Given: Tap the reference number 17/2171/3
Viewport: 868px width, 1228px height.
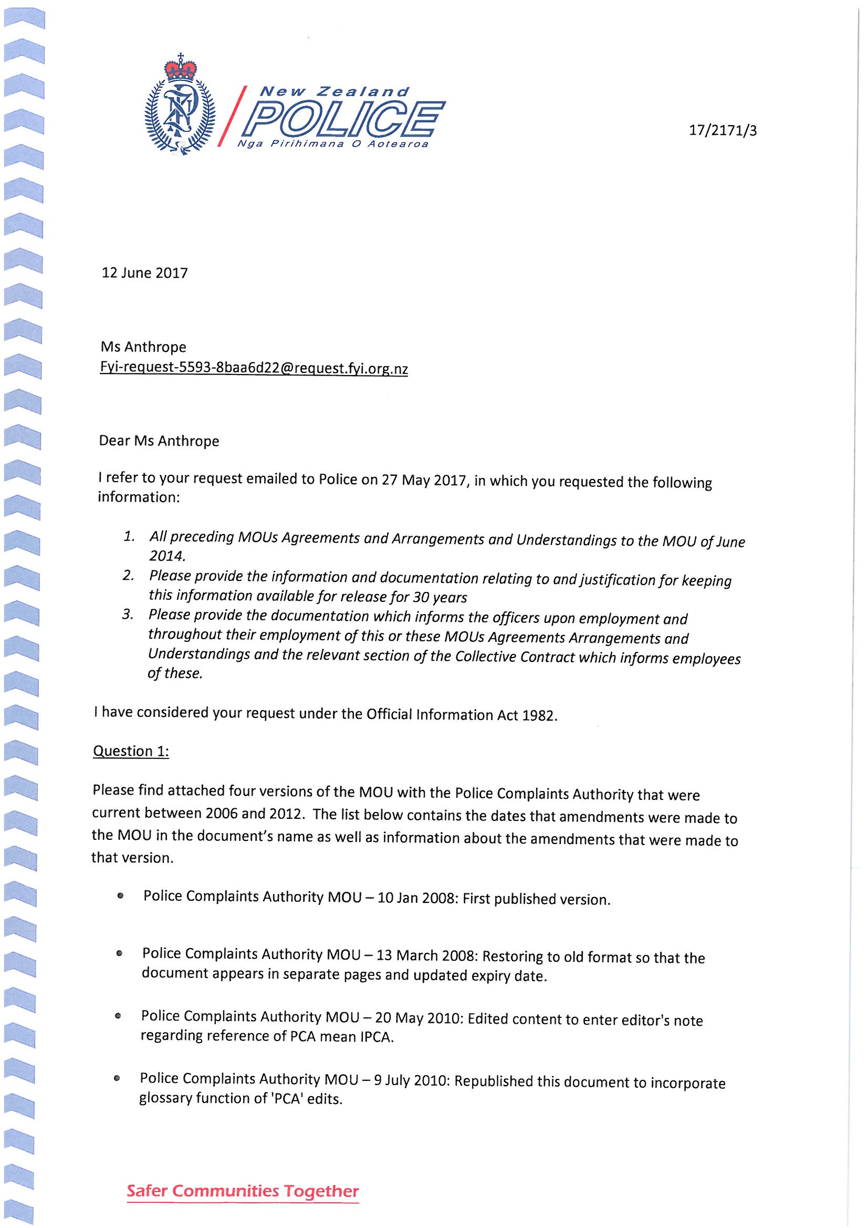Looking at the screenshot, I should [723, 130].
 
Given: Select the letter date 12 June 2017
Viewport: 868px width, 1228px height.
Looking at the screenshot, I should [145, 273].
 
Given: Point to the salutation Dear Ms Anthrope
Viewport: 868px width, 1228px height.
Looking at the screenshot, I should [160, 441].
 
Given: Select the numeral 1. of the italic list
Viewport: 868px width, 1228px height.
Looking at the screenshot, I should [129, 536].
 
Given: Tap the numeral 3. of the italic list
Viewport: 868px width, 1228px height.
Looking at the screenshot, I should [127, 615].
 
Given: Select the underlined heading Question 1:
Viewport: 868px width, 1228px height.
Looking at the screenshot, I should [131, 752].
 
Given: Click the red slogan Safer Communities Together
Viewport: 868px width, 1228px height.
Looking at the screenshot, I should [243, 1191].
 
